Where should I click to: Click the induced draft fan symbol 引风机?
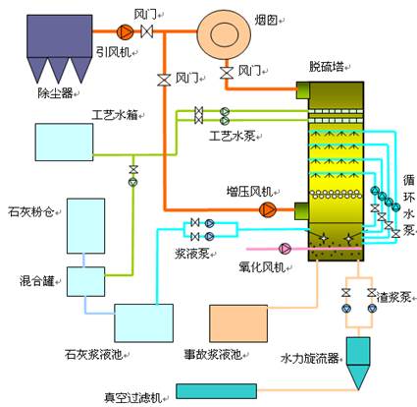click(125, 31)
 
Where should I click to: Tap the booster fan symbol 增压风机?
click(268, 209)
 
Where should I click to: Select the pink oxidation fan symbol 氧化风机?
click(285, 249)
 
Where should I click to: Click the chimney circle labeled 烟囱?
click(225, 34)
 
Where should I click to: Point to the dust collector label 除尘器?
click(55, 93)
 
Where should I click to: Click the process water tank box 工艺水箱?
click(64, 142)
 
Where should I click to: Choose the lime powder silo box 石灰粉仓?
click(86, 226)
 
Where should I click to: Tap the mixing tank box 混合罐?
click(86, 281)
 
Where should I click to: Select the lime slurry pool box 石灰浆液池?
click(143, 323)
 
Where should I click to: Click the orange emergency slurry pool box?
click(238, 323)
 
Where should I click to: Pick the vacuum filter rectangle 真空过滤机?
click(216, 391)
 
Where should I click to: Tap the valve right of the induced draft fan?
click(147, 31)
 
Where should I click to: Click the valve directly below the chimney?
click(226, 73)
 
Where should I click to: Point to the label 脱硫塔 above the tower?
click(327, 67)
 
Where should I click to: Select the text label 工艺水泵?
click(232, 136)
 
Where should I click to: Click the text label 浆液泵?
click(191, 254)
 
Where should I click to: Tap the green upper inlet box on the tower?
click(302, 90)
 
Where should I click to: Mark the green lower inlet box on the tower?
click(302, 211)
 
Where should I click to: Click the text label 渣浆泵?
click(393, 297)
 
